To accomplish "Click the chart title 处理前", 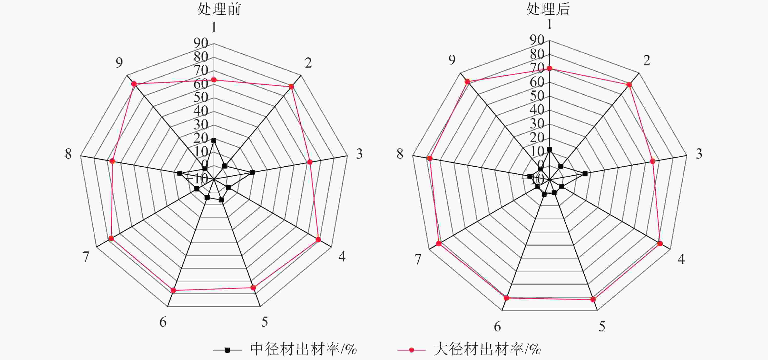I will [219, 9].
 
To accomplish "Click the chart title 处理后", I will [548, 9].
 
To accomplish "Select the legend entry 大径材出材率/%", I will [487, 349].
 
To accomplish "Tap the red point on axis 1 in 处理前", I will [214, 80].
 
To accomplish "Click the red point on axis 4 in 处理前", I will [318, 240].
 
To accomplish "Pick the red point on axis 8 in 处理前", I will [112, 161].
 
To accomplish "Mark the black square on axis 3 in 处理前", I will [252, 172].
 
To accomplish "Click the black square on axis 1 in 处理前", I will [214, 141].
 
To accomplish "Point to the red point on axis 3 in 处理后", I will [653, 161].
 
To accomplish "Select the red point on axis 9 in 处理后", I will [467, 81].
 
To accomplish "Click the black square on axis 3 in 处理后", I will [585, 173].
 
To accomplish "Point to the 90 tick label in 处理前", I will [201, 43].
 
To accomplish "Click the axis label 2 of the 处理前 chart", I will [308, 63].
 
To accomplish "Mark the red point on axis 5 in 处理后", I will [593, 299].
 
